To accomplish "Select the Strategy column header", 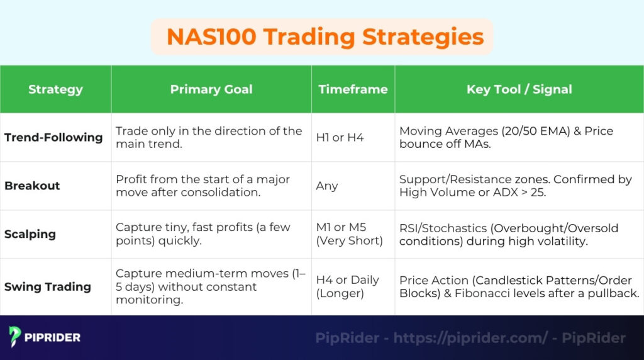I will [55, 89].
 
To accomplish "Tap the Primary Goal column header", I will [211, 89].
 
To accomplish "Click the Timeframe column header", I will [353, 89].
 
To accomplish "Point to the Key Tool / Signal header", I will [519, 89].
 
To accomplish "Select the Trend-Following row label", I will [53, 137].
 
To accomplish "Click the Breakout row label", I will [32, 186].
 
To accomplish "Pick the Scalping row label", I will [30, 234].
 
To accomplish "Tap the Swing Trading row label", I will [48, 287].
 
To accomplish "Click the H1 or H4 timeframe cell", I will [340, 137].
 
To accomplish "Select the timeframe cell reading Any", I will [327, 186].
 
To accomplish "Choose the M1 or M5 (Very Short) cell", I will [349, 234].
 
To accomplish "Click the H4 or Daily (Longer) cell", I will [347, 287].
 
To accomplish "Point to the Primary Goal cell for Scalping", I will [203, 234].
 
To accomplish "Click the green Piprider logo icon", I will [15, 337].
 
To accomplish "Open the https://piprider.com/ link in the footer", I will [470, 338].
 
